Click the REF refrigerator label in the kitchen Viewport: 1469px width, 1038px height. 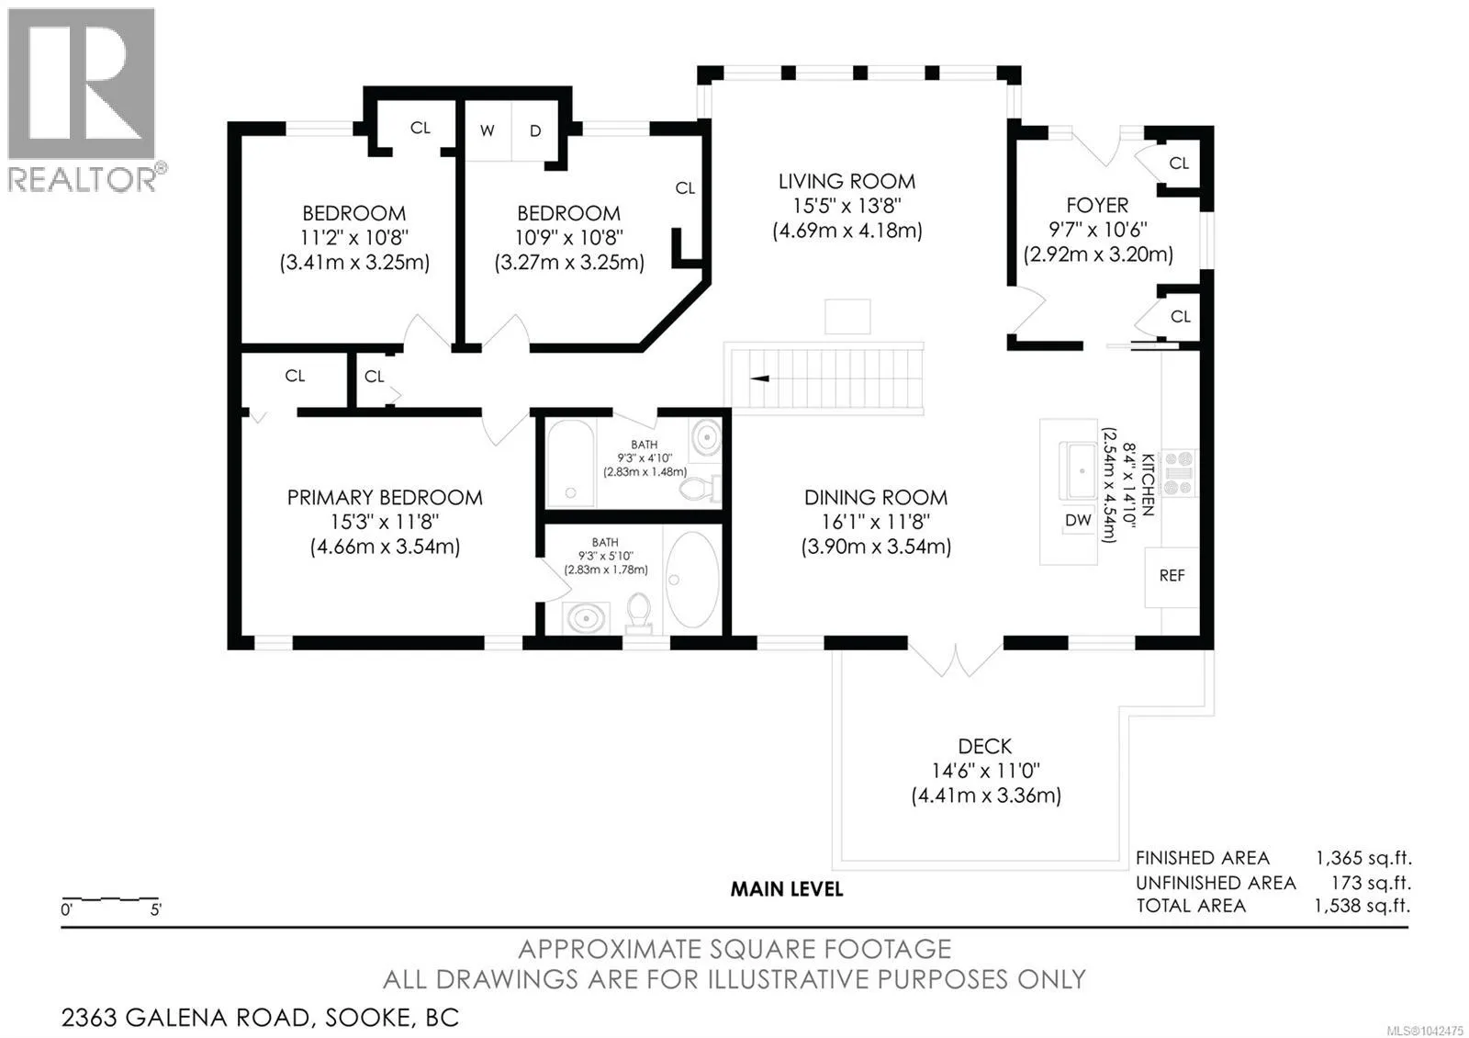(1172, 575)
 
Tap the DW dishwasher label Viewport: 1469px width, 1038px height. (1078, 520)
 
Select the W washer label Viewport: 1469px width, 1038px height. (487, 130)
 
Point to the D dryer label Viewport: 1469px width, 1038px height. (535, 130)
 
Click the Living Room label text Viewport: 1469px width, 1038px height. (847, 181)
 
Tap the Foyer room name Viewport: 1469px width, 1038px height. (1097, 206)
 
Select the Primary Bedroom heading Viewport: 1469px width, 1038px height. (385, 497)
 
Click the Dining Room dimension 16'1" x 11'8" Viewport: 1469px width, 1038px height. (876, 522)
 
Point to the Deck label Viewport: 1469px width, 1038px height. (985, 746)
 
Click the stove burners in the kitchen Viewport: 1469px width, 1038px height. (1179, 472)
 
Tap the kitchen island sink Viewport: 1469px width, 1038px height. (1078, 470)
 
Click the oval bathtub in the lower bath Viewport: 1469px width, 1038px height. (692, 580)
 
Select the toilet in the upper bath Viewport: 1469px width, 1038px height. (701, 489)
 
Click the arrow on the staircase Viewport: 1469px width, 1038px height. (759, 378)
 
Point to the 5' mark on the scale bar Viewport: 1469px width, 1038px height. (156, 910)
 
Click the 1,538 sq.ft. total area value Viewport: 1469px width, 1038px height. (1362, 906)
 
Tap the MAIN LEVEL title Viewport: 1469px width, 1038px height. (787, 890)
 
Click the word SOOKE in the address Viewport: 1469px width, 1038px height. (368, 1018)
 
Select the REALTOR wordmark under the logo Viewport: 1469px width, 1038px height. (83, 179)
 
